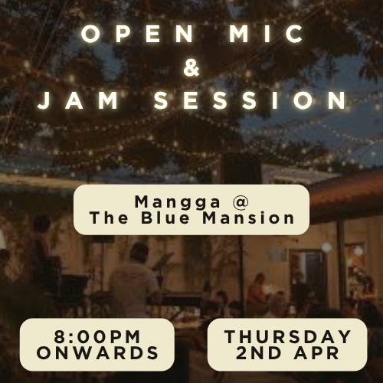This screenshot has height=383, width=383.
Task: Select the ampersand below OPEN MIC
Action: pyautogui.click(x=191, y=68)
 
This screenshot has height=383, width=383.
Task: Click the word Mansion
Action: pyautogui.click(x=252, y=218)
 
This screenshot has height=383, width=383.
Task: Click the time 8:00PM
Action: pyautogui.click(x=97, y=336)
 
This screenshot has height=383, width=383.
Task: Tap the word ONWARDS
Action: pyautogui.click(x=97, y=353)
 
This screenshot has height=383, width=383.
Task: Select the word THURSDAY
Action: pyautogui.click(x=288, y=336)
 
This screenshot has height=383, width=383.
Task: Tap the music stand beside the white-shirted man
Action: pyautogui.click(x=162, y=264)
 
